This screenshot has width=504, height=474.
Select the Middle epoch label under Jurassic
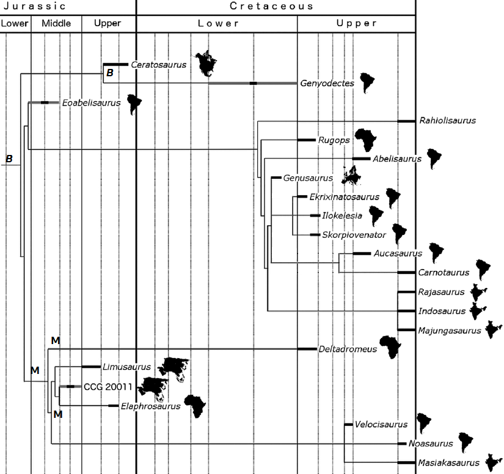click(56, 24)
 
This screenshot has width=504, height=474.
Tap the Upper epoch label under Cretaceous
click(357, 24)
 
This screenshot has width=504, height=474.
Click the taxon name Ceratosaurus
click(162, 63)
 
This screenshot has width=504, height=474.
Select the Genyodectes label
click(327, 84)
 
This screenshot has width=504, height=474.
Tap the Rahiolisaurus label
click(447, 121)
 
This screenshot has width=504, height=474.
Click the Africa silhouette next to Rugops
click(368, 140)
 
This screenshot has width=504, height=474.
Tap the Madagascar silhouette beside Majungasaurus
click(491, 330)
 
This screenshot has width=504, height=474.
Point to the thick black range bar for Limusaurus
click(90, 367)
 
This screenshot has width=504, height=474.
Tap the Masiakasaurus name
click(448, 464)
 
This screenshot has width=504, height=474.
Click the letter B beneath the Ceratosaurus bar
click(109, 73)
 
